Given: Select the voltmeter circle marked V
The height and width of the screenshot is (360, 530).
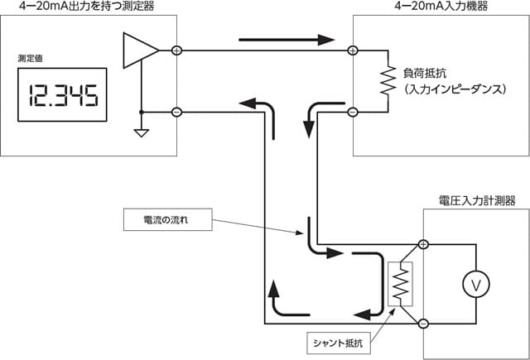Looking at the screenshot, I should (x=476, y=284).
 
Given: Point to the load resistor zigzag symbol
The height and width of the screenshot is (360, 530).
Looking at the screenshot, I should (x=385, y=80).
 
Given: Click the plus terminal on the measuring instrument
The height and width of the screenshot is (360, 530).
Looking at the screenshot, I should (x=176, y=50).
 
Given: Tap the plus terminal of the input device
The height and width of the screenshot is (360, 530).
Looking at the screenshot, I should (x=353, y=50).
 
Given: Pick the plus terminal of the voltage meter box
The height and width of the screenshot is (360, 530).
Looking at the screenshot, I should (x=424, y=244).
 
